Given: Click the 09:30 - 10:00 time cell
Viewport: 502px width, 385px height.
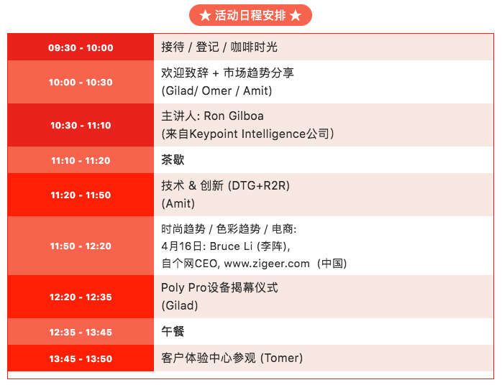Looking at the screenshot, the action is [81, 47].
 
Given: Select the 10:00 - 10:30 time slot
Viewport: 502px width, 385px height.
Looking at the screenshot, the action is [81, 82].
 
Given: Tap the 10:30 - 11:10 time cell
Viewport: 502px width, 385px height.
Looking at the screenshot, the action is [81, 126].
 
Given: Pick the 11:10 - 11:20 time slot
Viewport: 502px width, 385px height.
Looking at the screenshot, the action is [81, 160].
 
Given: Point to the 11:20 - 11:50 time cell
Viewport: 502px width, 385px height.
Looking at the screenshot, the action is [81, 195].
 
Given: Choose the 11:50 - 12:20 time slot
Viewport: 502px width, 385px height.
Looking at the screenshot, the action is [81, 246].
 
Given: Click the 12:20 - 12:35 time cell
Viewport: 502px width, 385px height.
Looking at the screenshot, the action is [81, 297].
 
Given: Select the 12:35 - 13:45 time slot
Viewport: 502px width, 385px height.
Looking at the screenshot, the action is [81, 333].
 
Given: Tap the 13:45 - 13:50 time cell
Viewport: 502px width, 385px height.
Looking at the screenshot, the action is [81, 358].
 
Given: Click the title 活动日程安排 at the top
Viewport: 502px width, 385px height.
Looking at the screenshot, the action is [250, 15].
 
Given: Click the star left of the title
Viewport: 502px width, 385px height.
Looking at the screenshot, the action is [205, 15].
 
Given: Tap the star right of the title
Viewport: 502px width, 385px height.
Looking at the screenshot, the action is [296, 15].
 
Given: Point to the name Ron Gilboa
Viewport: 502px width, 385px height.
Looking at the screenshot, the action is [234, 116].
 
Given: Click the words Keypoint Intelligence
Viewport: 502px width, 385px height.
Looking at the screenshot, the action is [247, 134].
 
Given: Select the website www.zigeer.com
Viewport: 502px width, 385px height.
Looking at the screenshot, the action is [267, 264].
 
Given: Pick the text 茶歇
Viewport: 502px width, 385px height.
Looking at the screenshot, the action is [173, 159].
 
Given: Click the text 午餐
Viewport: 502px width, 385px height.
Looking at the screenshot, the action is [173, 331].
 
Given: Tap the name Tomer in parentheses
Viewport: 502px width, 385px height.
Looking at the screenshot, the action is [281, 358].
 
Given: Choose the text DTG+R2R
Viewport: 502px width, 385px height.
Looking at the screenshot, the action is [259, 186].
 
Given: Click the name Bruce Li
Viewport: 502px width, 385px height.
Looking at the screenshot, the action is [231, 246].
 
